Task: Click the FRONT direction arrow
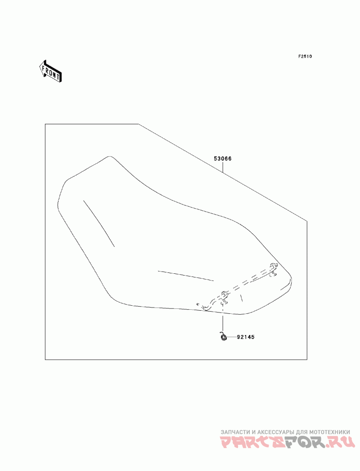[50, 71]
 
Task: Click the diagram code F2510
[305, 56]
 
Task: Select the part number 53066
[223, 159]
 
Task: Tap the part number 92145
[246, 337]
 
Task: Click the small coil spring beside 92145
[223, 336]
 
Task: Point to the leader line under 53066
[223, 167]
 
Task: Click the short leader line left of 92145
[231, 337]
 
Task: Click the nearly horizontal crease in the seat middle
[185, 276]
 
